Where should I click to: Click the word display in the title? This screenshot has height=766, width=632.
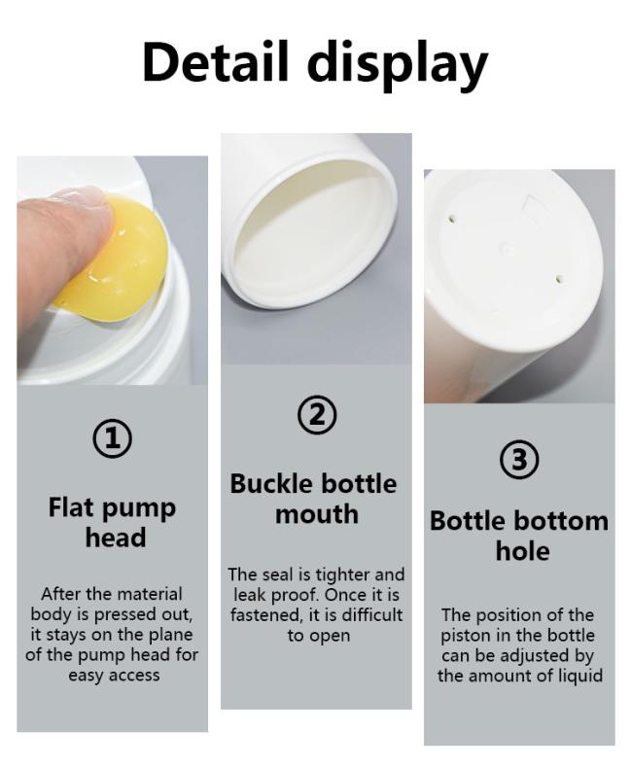(398, 65)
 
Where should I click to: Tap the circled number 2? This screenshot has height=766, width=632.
(317, 415)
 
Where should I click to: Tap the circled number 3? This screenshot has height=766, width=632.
(519, 460)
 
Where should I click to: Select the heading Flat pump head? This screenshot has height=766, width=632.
(113, 522)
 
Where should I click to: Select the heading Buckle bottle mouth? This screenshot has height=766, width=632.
(314, 499)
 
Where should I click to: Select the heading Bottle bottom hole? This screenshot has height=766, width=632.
(519, 536)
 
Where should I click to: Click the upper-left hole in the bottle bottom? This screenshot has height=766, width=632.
(453, 219)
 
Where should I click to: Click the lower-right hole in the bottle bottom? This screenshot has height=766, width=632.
(559, 280)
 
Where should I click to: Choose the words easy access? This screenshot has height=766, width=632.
(114, 676)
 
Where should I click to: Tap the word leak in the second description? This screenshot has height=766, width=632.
(249, 595)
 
